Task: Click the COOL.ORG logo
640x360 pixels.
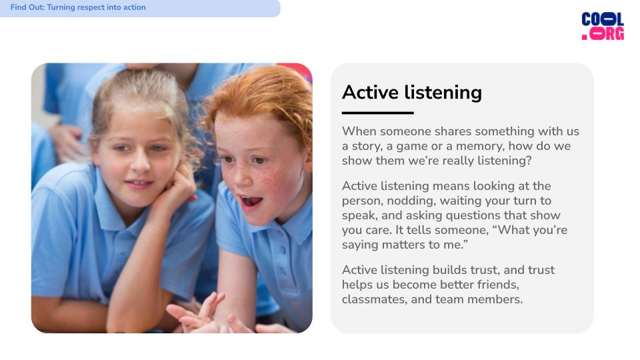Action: point(603,26)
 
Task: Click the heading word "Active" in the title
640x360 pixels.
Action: point(370,92)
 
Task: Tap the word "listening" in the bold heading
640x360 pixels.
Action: point(443,93)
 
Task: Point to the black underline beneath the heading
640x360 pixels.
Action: point(377,113)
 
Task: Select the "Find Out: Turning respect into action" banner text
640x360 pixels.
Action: point(78,7)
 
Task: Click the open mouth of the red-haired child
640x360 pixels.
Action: point(251,201)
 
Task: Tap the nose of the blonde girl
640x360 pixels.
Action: point(141,163)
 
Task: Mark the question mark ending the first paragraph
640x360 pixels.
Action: point(529,161)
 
